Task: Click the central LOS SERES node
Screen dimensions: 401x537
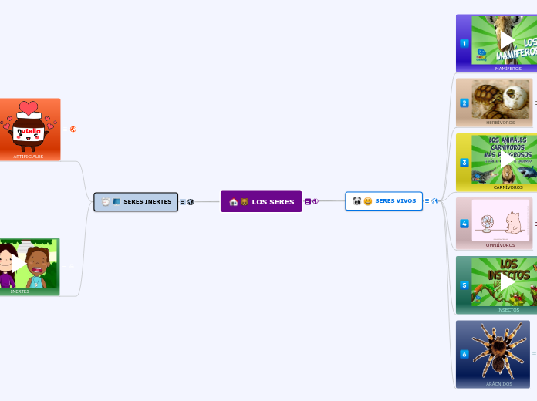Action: coord(261,201)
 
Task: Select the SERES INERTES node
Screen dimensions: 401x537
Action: coord(136,201)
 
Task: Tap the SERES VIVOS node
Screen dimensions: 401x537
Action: coord(383,201)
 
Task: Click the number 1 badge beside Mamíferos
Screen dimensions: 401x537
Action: coord(464,43)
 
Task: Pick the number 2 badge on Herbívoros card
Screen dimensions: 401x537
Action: coord(464,103)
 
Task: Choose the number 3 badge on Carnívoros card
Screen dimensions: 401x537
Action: coord(464,163)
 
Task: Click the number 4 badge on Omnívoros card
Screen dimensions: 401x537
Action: coord(464,224)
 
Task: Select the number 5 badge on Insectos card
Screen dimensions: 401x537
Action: coord(464,285)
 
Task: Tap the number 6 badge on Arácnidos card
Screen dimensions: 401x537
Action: coord(464,354)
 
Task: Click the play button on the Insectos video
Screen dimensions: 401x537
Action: coord(508,282)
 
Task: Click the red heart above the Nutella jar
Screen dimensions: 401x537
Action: coord(29,108)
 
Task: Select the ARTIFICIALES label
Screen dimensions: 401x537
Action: coord(29,157)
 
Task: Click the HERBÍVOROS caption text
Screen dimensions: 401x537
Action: coord(500,123)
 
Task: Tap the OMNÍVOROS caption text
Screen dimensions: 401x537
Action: coord(500,245)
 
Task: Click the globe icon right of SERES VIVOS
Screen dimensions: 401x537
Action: coord(435,201)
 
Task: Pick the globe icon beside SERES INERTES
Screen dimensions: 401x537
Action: coord(191,201)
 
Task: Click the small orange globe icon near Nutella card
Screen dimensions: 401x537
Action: coord(73,130)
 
